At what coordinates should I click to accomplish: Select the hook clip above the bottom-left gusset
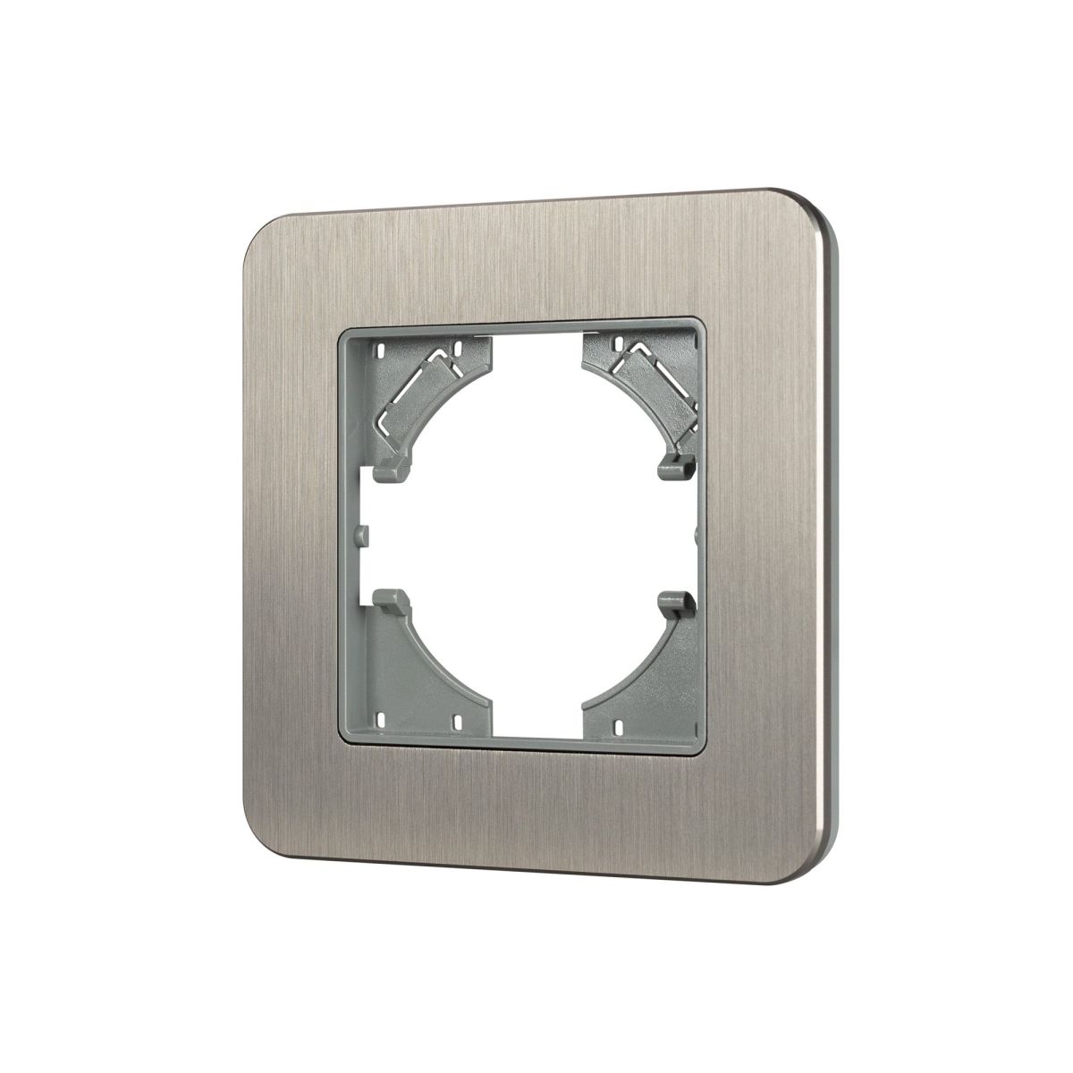(391, 601)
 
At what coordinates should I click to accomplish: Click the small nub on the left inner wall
(360, 534)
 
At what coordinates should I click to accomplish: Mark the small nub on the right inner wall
(697, 534)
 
